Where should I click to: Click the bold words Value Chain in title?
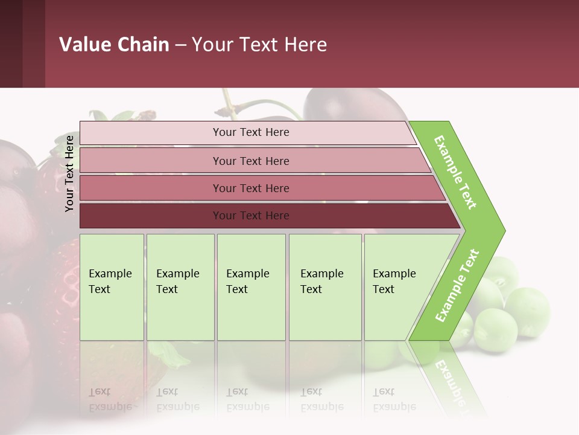click(114, 45)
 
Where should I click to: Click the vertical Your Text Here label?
click(69, 173)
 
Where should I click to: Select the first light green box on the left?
click(112, 287)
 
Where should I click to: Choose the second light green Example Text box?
click(180, 287)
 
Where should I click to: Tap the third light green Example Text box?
click(251, 287)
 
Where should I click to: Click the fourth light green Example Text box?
click(324, 287)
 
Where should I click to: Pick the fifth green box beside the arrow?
click(398, 287)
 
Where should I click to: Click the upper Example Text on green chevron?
click(455, 172)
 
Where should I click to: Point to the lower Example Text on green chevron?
click(457, 285)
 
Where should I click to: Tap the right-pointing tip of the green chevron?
click(501, 230)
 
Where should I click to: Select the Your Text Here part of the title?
click(259, 45)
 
